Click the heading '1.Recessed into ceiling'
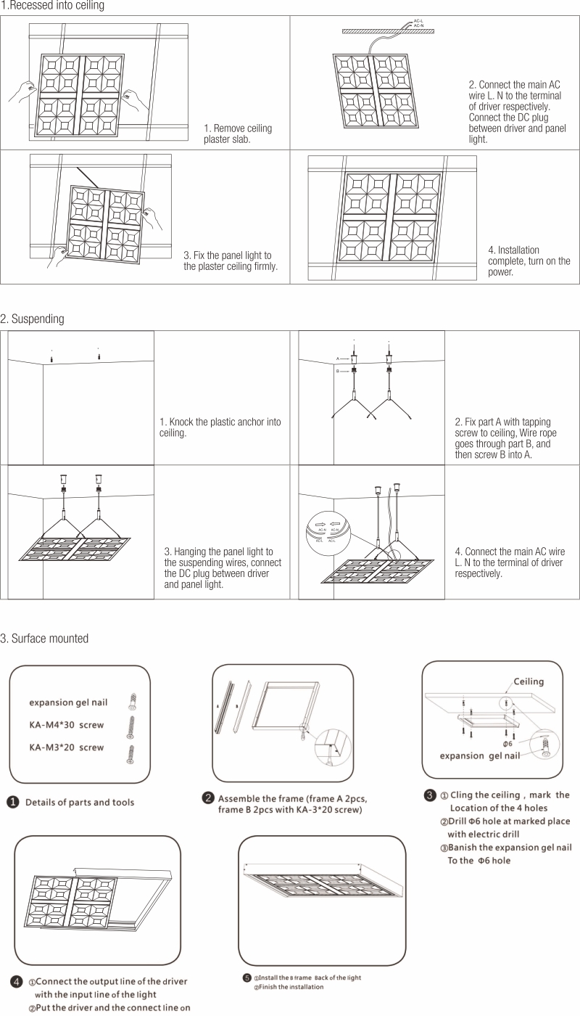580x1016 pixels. (52, 6)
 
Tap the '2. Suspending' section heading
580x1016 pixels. (33, 319)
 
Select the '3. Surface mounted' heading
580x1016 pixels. (45, 639)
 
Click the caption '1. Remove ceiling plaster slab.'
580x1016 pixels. (238, 134)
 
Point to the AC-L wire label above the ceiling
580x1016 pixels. (418, 20)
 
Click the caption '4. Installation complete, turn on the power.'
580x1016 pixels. (529, 261)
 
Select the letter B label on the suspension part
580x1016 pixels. (338, 371)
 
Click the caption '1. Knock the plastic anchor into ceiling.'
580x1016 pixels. (220, 427)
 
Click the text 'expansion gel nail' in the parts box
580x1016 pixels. (68, 702)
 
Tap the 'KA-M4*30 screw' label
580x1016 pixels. (66, 725)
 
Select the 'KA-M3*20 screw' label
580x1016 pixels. (66, 747)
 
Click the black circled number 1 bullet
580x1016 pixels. (13, 802)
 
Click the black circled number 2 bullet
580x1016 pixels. (208, 799)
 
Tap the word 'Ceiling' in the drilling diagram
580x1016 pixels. (529, 681)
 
